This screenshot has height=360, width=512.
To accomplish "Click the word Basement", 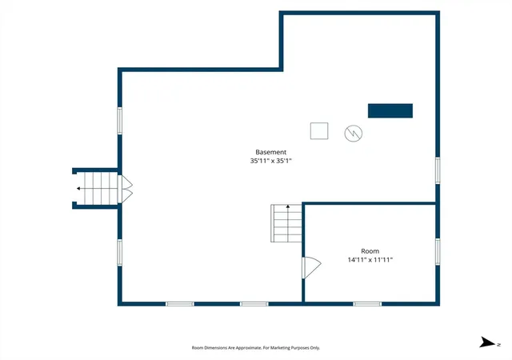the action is pyautogui.click(x=270, y=152).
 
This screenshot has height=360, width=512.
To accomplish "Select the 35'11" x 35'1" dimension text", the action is pyautogui.click(x=270, y=161).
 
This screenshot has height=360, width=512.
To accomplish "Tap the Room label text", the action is pyautogui.click(x=370, y=251).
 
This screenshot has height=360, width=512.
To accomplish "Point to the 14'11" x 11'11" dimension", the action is pyautogui.click(x=370, y=260).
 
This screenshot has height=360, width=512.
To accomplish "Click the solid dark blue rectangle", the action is pyautogui.click(x=390, y=110).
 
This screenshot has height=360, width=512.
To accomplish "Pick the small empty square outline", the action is pyautogui.click(x=319, y=131).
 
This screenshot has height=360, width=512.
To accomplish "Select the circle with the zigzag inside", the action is pyautogui.click(x=354, y=134).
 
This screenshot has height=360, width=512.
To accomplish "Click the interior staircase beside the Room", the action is pyautogui.click(x=286, y=223).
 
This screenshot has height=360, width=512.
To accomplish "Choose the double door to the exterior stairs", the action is pyautogui.click(x=126, y=189).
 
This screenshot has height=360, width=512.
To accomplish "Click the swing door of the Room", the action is pyautogui.click(x=311, y=267).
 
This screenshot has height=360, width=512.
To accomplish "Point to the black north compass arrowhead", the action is pyautogui.click(x=487, y=342).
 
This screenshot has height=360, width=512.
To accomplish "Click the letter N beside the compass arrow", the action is pyautogui.click(x=498, y=345).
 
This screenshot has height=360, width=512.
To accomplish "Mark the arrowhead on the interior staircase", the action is pyautogui.click(x=288, y=206).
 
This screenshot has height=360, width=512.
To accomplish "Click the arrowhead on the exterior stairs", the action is pyautogui.click(x=78, y=189).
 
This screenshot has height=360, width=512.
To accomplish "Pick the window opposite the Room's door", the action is pyautogui.click(x=438, y=252).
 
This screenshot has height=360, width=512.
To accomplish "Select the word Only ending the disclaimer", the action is pyautogui.click(x=315, y=348).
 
